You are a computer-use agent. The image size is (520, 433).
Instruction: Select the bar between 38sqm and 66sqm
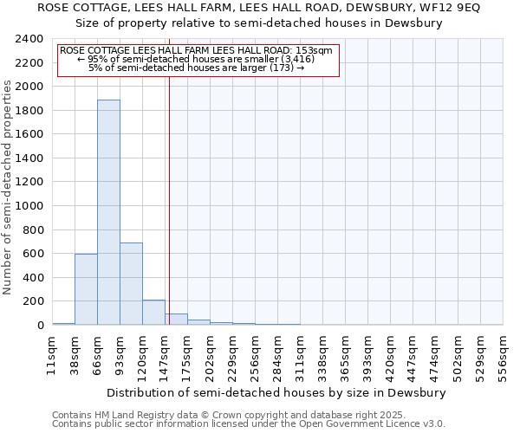pos(86,289)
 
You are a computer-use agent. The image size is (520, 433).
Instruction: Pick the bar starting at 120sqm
pos(153,313)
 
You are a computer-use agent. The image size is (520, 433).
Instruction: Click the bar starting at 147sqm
pos(176,320)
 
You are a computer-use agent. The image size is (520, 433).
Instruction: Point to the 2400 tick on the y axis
pos(31,40)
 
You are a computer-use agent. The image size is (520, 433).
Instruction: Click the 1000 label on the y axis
pos(31,206)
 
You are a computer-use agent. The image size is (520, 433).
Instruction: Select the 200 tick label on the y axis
pos(35,301)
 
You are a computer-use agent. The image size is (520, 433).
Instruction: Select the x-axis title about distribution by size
pos(277,392)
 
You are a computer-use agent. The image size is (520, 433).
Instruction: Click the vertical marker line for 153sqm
pos(169,199)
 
